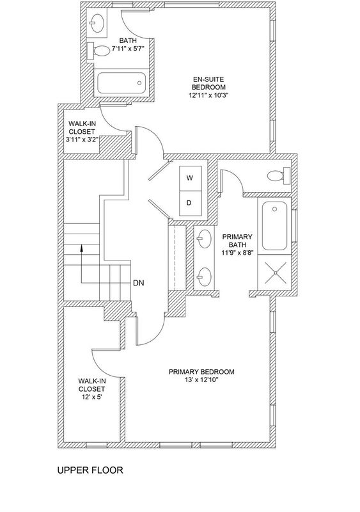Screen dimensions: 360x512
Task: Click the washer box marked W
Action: pyautogui.click(x=191, y=179)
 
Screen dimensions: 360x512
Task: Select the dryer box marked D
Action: pyautogui.click(x=191, y=203)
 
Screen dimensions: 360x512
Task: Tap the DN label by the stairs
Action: pyautogui.click(x=139, y=283)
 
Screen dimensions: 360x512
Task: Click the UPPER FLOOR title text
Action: pyautogui.click(x=90, y=470)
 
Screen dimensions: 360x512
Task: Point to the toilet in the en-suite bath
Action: pyautogui.click(x=98, y=51)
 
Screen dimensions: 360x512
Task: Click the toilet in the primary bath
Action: pyautogui.click(x=279, y=175)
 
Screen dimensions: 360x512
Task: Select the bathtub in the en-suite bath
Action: pyautogui.click(x=121, y=83)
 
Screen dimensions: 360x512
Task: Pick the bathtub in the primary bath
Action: pyautogui.click(x=275, y=226)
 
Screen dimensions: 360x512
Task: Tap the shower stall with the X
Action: pyautogui.click(x=274, y=272)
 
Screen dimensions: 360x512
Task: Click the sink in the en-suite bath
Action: pyautogui.click(x=97, y=22)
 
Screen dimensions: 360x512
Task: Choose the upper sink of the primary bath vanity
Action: pyautogui.click(x=204, y=239)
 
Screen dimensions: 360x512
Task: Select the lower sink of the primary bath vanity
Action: pyautogui.click(x=204, y=277)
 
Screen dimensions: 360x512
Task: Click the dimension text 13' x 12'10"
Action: pyautogui.click(x=201, y=380)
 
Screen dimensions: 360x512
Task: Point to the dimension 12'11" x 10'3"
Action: pyautogui.click(x=209, y=95)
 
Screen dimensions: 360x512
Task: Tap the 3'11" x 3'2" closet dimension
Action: pyautogui.click(x=82, y=140)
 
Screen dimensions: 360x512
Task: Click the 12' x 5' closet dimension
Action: pyautogui.click(x=91, y=397)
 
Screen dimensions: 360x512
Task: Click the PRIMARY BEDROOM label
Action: pyautogui.click(x=201, y=372)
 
